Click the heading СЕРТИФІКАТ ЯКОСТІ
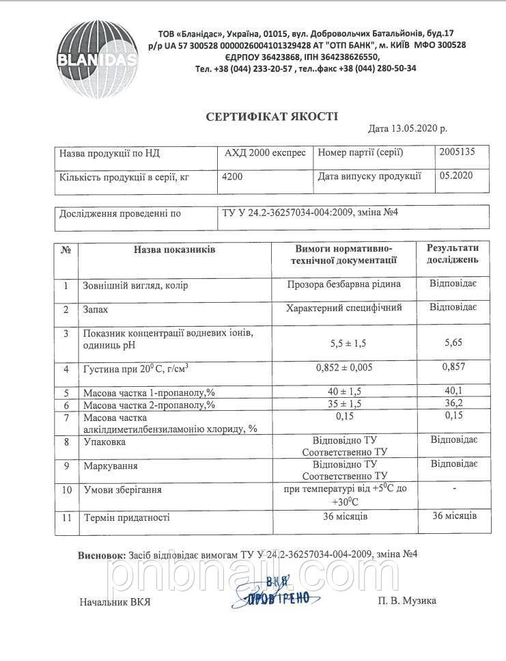tap(272, 117)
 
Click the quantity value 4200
tap(232, 176)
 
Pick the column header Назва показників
tap(174, 250)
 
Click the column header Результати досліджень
tap(453, 254)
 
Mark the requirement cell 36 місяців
tap(344, 516)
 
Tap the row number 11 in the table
tap(66, 517)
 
